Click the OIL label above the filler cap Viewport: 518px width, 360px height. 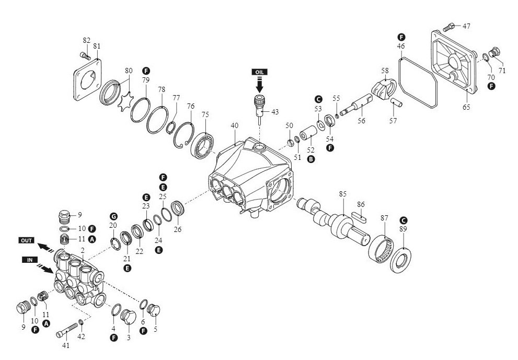[x=260, y=71]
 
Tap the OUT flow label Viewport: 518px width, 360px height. [x=26, y=240]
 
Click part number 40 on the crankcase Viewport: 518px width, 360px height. [x=234, y=125]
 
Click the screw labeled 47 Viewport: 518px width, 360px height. [x=448, y=26]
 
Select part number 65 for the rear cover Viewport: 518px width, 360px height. [x=466, y=108]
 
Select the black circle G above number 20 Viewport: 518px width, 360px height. [x=112, y=216]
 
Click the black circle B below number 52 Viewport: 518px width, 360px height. [x=312, y=159]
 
